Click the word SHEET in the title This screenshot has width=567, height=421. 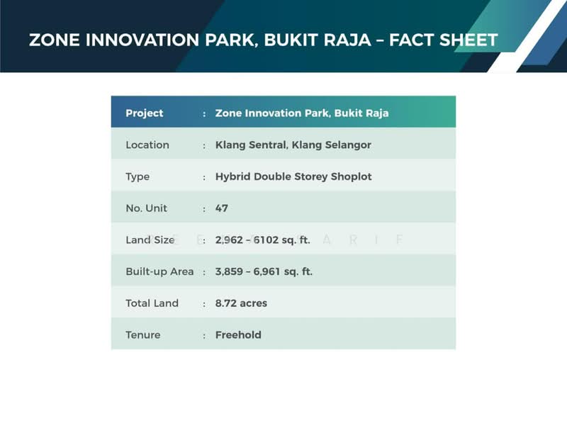pos(464,40)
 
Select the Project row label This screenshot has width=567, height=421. pos(145,113)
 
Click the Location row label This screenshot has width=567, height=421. pos(147,145)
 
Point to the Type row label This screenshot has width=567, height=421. pos(137,176)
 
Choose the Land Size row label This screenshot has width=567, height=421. pos(150,240)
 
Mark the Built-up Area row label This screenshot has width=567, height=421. pos(159,271)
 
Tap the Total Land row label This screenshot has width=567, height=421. pos(152,303)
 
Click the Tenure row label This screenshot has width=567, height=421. pos(143,335)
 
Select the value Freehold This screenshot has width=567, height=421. pos(238,335)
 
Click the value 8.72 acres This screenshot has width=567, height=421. pos(241,303)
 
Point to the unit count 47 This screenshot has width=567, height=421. pos(222,208)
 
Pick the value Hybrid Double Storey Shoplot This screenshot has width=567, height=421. pos(293,176)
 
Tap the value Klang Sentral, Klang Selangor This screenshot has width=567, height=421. pos(293,145)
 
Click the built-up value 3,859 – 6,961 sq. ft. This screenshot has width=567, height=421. pos(264,271)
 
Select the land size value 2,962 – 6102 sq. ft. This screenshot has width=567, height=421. pos(263,240)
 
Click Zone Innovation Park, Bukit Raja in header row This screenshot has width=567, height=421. pos(302,113)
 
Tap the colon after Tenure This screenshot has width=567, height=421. pos(204,335)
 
